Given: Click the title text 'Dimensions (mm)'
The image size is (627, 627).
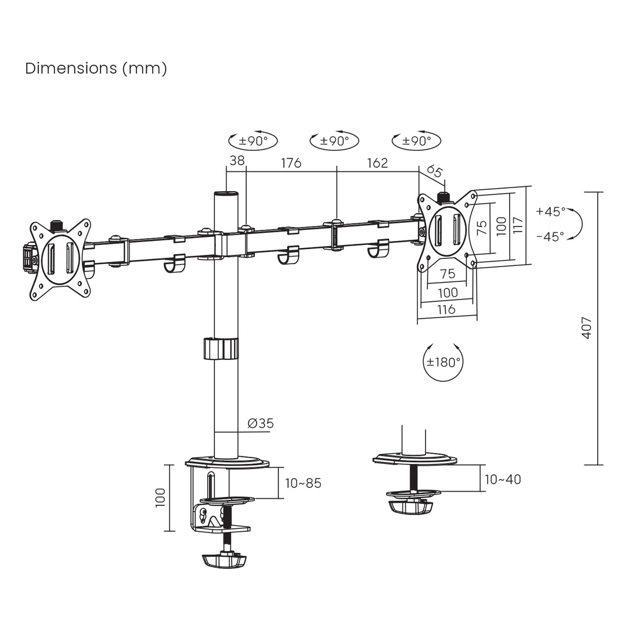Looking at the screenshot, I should tap(96, 69).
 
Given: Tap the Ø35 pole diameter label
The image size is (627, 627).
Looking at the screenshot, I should tap(260, 423).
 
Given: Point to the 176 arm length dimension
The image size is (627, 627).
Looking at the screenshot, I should tap(291, 163).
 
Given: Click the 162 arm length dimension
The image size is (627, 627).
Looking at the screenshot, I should tap(377, 163).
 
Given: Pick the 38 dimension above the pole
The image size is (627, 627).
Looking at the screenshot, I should tap(237, 161).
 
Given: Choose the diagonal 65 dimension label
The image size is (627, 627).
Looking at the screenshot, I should tap(435, 171).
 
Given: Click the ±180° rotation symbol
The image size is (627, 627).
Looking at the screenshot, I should tap(444, 362).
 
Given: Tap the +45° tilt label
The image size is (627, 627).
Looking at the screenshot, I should tap(550, 211).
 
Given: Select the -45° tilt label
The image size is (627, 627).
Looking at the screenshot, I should tap(550, 236).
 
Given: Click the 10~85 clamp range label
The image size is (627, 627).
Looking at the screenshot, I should tap(302, 483).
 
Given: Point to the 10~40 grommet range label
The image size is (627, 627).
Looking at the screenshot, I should tap(503, 479).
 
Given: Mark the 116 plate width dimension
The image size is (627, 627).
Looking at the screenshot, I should tap(446, 309).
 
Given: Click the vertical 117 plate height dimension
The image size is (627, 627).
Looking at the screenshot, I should tap(518, 225).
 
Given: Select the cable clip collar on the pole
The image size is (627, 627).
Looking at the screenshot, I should tap(221, 349).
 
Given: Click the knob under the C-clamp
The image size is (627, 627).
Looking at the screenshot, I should tap(224, 560).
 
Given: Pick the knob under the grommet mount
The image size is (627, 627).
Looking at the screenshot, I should tap(412, 507).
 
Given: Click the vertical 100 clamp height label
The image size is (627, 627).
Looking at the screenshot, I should tap(161, 498).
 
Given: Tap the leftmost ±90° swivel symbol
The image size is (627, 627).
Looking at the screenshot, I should tap(253, 140).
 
